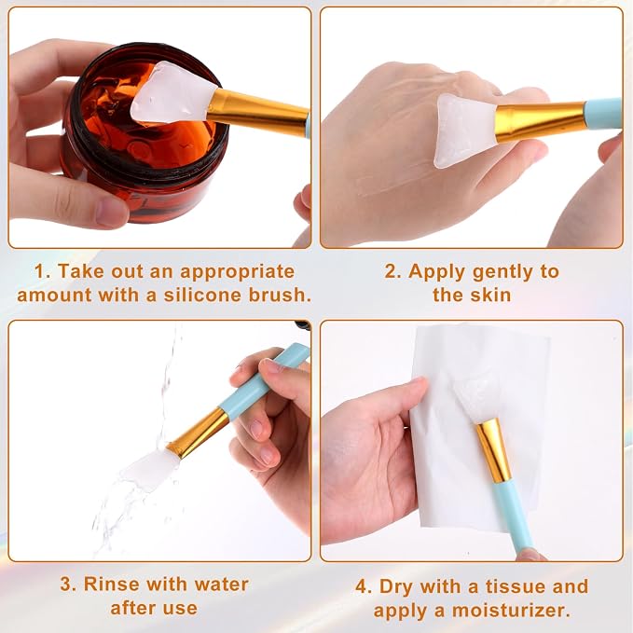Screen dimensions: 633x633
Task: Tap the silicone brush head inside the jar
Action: [172, 93]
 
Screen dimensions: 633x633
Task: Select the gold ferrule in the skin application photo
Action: [541, 122]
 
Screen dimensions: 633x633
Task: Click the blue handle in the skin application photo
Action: [603, 114]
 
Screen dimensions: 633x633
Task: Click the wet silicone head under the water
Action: [150, 470]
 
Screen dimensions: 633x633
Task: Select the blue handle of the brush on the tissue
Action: [514, 515]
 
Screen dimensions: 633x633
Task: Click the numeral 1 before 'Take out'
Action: [39, 271]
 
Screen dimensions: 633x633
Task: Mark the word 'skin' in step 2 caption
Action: [490, 295]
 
